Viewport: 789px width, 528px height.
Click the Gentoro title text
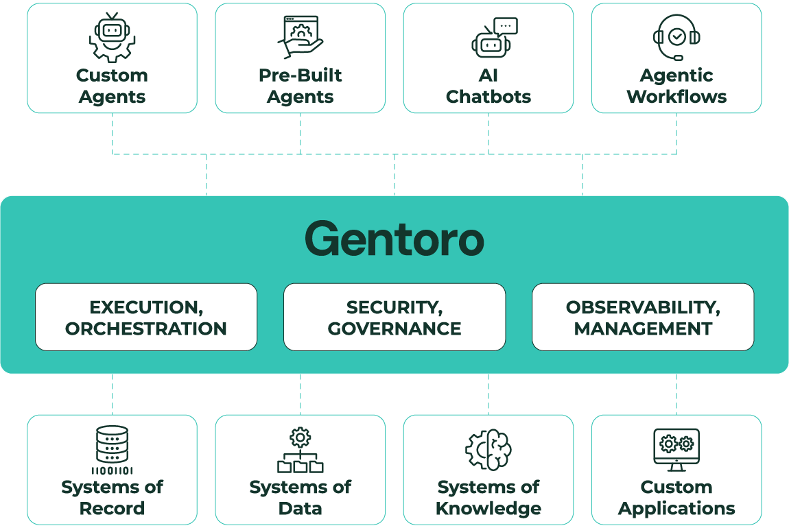pos(394,239)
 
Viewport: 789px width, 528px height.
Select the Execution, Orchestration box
pos(146,317)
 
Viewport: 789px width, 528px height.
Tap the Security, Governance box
pos(394,317)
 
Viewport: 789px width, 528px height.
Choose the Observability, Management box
pos(643,317)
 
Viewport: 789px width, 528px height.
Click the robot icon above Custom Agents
pos(112,38)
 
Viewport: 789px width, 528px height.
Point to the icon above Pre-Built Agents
pos(301,37)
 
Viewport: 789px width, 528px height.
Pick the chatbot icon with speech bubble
pos(494,37)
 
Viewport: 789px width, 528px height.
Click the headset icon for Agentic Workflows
pos(676,37)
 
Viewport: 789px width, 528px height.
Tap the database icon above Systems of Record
pos(112,450)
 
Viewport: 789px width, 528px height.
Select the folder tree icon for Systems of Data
pos(301,451)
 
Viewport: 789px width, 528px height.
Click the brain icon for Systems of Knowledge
pos(488,450)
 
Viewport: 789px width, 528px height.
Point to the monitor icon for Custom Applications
pos(676,450)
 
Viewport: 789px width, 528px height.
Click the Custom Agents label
pos(112,86)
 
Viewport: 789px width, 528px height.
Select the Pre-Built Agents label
pos(301,86)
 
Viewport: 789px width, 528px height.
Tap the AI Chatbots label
pos(488,86)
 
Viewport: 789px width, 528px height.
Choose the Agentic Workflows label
pos(676,86)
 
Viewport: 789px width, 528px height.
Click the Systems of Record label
pos(112,498)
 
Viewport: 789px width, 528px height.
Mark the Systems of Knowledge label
pos(488,498)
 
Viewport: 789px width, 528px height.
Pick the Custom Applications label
pos(676,498)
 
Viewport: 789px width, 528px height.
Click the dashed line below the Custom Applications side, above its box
pos(676,394)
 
